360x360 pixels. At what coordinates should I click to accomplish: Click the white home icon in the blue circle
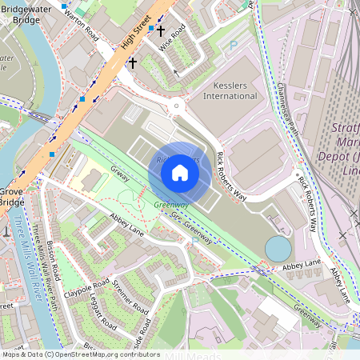pos(180,171)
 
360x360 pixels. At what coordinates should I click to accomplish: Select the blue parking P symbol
pos(234,46)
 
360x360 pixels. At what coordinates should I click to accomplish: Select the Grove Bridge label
pos(11,197)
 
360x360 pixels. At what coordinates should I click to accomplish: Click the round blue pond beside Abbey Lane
pos(278,248)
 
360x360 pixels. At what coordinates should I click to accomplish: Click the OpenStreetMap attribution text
pos(80,354)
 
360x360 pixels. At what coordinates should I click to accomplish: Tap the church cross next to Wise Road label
pos(160,31)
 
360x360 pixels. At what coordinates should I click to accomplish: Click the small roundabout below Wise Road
pos(177,106)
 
